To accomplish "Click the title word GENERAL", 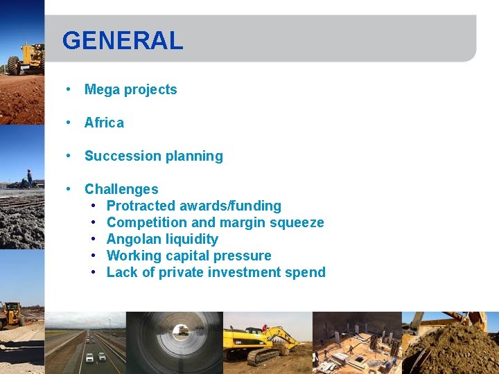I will [123, 40].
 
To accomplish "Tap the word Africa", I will [104, 123].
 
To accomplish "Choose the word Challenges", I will [121, 189].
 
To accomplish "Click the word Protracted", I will [141, 206].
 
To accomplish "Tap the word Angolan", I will [133, 239].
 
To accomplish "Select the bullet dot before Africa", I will [69, 123].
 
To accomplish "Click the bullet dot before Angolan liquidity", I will [94, 239].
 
